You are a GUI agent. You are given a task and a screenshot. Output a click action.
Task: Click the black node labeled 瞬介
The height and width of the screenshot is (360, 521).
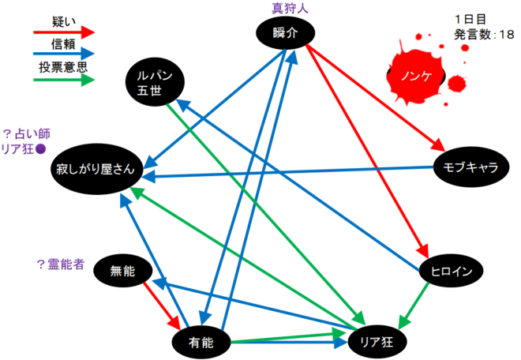pos(285,32)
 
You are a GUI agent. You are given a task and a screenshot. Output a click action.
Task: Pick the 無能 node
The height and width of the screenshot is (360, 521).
pos(123,272)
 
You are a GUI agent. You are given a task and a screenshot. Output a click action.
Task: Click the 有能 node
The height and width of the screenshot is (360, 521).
pos(202,341)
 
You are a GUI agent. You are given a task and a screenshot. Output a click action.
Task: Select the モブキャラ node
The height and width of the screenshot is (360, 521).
pos(470,168)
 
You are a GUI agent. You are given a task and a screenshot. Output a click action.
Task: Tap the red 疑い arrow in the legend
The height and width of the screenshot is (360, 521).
pos(62,32)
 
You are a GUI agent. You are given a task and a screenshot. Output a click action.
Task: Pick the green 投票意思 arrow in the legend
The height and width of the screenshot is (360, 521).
pos(62,80)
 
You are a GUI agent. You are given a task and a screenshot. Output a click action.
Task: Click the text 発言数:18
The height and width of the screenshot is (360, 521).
pos(482,35)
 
